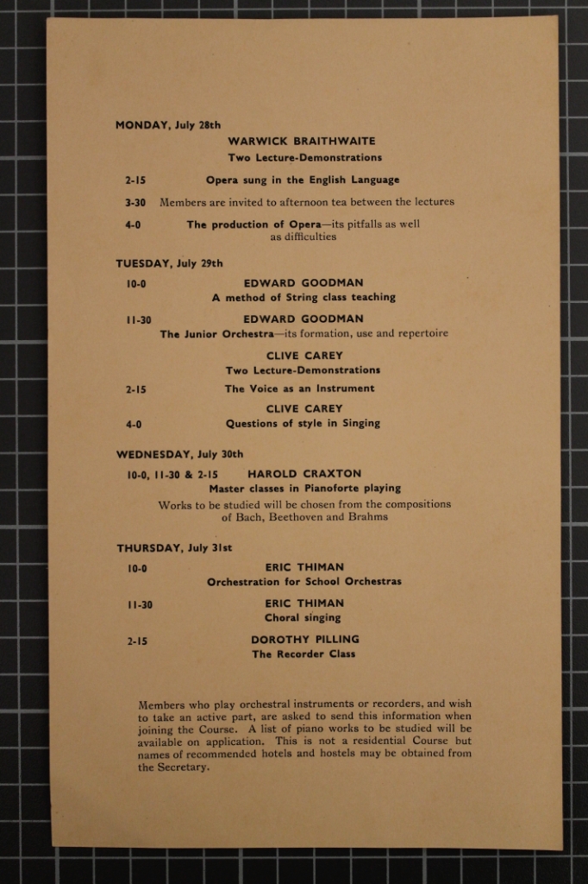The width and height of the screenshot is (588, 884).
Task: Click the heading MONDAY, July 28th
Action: coord(168,125)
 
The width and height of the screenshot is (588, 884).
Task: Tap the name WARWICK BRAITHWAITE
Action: coord(302,141)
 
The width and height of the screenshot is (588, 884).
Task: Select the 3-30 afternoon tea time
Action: coord(134,203)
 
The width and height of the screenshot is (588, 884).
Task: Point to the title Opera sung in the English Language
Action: coord(303,180)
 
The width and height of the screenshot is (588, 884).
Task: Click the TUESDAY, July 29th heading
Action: coord(169,264)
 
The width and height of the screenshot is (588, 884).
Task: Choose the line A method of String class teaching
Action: coord(303,297)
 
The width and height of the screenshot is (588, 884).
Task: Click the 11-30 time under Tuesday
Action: coord(138,319)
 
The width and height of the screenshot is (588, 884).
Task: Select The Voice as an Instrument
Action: coord(299,388)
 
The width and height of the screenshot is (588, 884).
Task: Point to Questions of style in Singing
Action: coord(303,424)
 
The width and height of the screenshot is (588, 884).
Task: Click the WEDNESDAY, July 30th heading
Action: coord(179,454)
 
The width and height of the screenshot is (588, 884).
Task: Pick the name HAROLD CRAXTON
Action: coord(304,474)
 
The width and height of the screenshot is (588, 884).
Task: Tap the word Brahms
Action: coord(368,517)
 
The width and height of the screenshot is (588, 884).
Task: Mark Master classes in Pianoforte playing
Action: coord(304,489)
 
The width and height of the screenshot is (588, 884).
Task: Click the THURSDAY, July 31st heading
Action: coord(174,548)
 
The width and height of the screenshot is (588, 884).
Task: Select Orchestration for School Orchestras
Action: coord(303,582)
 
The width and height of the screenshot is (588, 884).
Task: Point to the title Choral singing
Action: coord(303,618)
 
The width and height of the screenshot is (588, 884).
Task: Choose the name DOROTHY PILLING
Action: coord(304,640)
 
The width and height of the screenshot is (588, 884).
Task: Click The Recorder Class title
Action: coord(303,654)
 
